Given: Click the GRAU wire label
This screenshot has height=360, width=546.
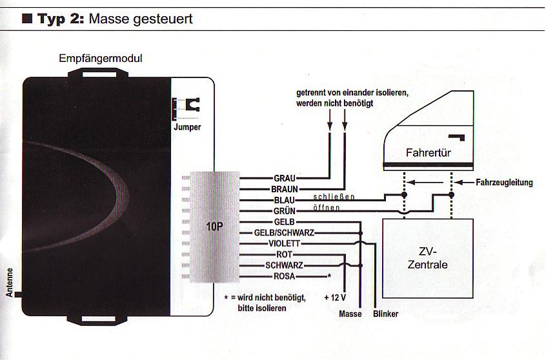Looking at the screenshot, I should tap(285, 178).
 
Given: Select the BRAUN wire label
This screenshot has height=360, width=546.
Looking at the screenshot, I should tap(285, 189).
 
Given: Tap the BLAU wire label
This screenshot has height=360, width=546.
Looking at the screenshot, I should tap(285, 200).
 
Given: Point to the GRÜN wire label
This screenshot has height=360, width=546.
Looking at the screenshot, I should tap(285, 211).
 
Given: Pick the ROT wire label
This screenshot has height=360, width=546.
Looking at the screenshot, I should tap(285, 255).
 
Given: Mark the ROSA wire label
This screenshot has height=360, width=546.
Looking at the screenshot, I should tap(285, 277).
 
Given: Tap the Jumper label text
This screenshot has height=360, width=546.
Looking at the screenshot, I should tap(187, 127).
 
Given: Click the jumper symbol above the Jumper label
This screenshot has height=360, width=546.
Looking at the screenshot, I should tap(187, 106).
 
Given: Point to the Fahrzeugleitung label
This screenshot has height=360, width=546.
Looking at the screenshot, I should tap(504, 183).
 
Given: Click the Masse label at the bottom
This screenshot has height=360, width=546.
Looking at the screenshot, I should tap(350, 314).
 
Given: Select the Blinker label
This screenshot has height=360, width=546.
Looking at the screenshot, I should tap(385, 314).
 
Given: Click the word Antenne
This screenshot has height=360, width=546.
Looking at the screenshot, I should tap(10, 283).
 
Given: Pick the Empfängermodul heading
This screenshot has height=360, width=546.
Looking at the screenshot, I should tap(100, 59).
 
